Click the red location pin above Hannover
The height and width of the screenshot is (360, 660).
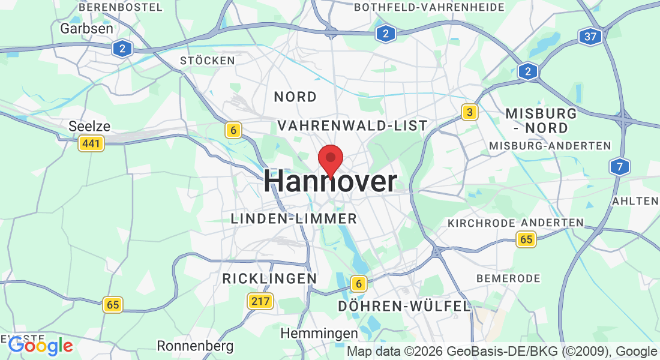click(330, 159)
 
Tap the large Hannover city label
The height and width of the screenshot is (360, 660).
click(330, 181)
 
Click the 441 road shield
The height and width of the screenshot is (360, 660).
click(91, 143)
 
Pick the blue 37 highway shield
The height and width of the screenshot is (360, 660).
click(590, 36)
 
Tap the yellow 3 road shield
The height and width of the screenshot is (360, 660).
click(470, 112)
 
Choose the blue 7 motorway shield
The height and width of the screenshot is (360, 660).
click(619, 166)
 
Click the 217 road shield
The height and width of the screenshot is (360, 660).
click(260, 301)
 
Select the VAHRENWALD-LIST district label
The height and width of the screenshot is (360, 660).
click(353, 125)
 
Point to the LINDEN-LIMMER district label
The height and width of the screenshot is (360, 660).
click(294, 219)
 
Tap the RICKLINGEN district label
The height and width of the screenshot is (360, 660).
click(269, 278)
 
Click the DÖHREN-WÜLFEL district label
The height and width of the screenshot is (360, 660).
click(404, 306)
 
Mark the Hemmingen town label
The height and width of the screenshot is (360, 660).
click(319, 332)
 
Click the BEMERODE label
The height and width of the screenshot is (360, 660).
click(508, 278)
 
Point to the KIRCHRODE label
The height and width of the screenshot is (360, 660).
click(481, 223)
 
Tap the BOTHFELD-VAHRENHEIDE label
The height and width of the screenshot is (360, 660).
click(430, 7)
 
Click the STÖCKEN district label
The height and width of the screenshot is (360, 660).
click(208, 61)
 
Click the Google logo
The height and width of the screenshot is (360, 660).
click(41, 345)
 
